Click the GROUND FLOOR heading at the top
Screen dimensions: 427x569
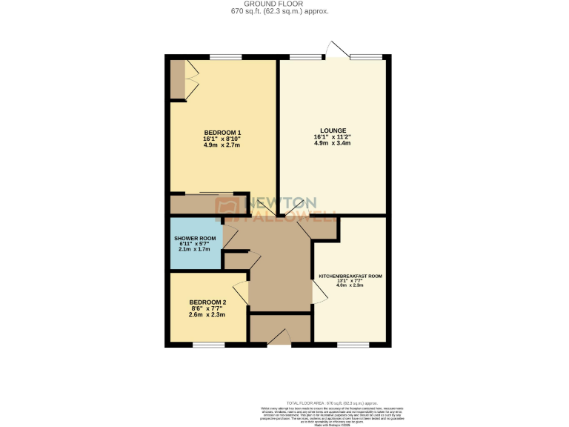[x=284, y=4]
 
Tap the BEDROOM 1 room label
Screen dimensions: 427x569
[x=222, y=133]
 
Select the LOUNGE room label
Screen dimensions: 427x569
[x=333, y=130]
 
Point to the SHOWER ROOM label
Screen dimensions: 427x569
[x=195, y=238]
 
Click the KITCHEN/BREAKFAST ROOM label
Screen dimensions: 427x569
[x=350, y=276]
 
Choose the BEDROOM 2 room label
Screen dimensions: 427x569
[x=207, y=302]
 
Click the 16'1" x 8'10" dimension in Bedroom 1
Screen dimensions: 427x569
[x=222, y=139]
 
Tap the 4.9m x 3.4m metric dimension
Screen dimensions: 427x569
[x=333, y=143]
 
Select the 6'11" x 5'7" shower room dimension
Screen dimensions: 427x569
[x=195, y=244]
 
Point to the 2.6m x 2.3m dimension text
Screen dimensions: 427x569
[x=207, y=315]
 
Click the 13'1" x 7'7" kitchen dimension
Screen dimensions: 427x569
[x=350, y=280]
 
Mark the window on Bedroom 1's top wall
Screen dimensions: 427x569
[x=225, y=57]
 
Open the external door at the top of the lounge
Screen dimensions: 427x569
[x=337, y=50]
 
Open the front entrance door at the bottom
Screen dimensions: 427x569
[x=279, y=339]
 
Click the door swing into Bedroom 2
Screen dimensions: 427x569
[x=240, y=292]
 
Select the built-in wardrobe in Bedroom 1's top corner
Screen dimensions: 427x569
[x=182, y=80]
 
